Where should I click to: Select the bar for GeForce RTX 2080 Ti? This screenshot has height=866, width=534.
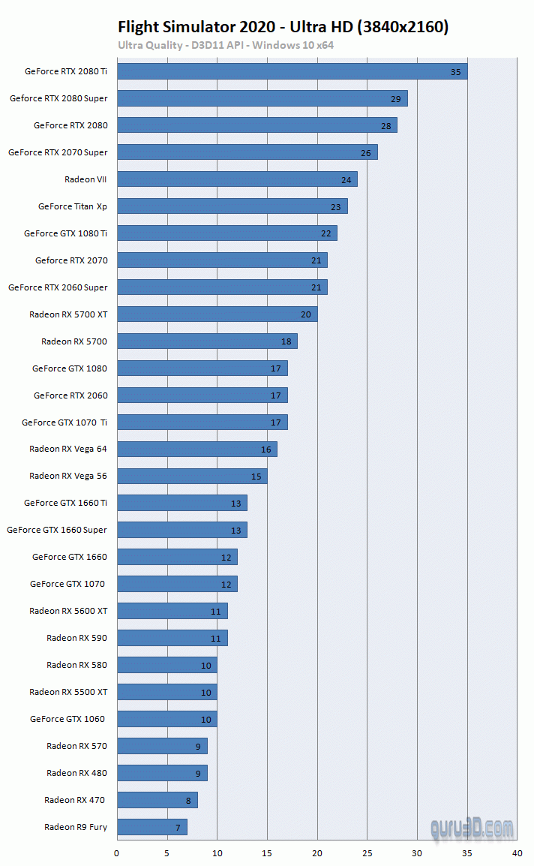(x=292, y=71)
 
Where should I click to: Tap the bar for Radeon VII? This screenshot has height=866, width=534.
(x=237, y=179)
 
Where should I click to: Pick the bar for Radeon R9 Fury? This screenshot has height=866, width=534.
(x=152, y=827)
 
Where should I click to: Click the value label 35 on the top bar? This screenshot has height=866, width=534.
(x=456, y=72)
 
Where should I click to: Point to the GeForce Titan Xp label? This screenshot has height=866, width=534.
(x=73, y=206)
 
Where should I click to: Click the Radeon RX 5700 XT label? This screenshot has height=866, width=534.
(x=68, y=314)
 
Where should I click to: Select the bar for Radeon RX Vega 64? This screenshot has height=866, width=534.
(x=197, y=449)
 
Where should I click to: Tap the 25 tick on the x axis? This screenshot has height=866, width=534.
(x=367, y=853)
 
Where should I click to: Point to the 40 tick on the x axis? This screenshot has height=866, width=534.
(x=517, y=853)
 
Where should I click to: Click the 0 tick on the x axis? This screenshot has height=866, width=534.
(x=116, y=853)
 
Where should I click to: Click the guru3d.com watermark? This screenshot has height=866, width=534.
(x=472, y=828)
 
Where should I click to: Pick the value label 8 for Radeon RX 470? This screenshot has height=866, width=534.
(x=188, y=801)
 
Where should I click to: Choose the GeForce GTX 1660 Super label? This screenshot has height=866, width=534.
(x=57, y=530)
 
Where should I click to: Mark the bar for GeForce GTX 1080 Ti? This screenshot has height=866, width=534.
(x=227, y=233)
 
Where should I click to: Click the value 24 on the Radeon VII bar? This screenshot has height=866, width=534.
(x=346, y=180)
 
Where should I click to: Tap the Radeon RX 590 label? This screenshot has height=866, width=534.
(x=76, y=638)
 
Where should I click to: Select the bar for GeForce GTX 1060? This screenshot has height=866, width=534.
(x=167, y=719)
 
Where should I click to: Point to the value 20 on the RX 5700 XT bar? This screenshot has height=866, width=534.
(x=306, y=315)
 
